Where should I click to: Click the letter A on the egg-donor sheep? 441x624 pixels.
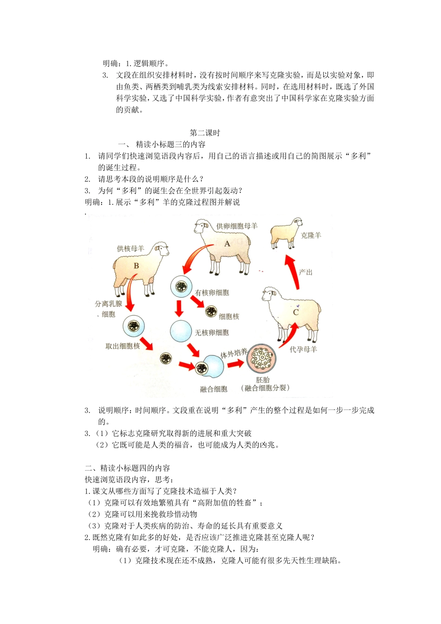(x=227, y=244)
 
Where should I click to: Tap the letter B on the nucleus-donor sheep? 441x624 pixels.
(x=136, y=266)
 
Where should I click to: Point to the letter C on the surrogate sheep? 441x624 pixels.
(x=296, y=312)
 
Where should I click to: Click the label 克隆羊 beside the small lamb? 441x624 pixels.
(x=311, y=235)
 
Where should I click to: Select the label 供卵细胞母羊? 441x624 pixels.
(x=237, y=226)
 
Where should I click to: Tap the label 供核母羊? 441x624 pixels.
(x=130, y=249)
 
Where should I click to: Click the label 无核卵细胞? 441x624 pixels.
(x=212, y=332)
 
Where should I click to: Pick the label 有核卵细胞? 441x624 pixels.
(x=212, y=293)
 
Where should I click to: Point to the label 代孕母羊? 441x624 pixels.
(x=303, y=349)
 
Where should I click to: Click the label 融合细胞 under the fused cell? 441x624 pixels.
(x=214, y=389)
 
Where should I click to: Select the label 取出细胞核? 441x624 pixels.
(x=123, y=346)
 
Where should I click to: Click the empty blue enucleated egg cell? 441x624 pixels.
(x=181, y=331)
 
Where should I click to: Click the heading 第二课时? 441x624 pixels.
(x=205, y=133)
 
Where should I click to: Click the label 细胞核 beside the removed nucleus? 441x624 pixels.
(x=229, y=317)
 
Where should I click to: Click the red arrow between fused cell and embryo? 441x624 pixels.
(x=235, y=364)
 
